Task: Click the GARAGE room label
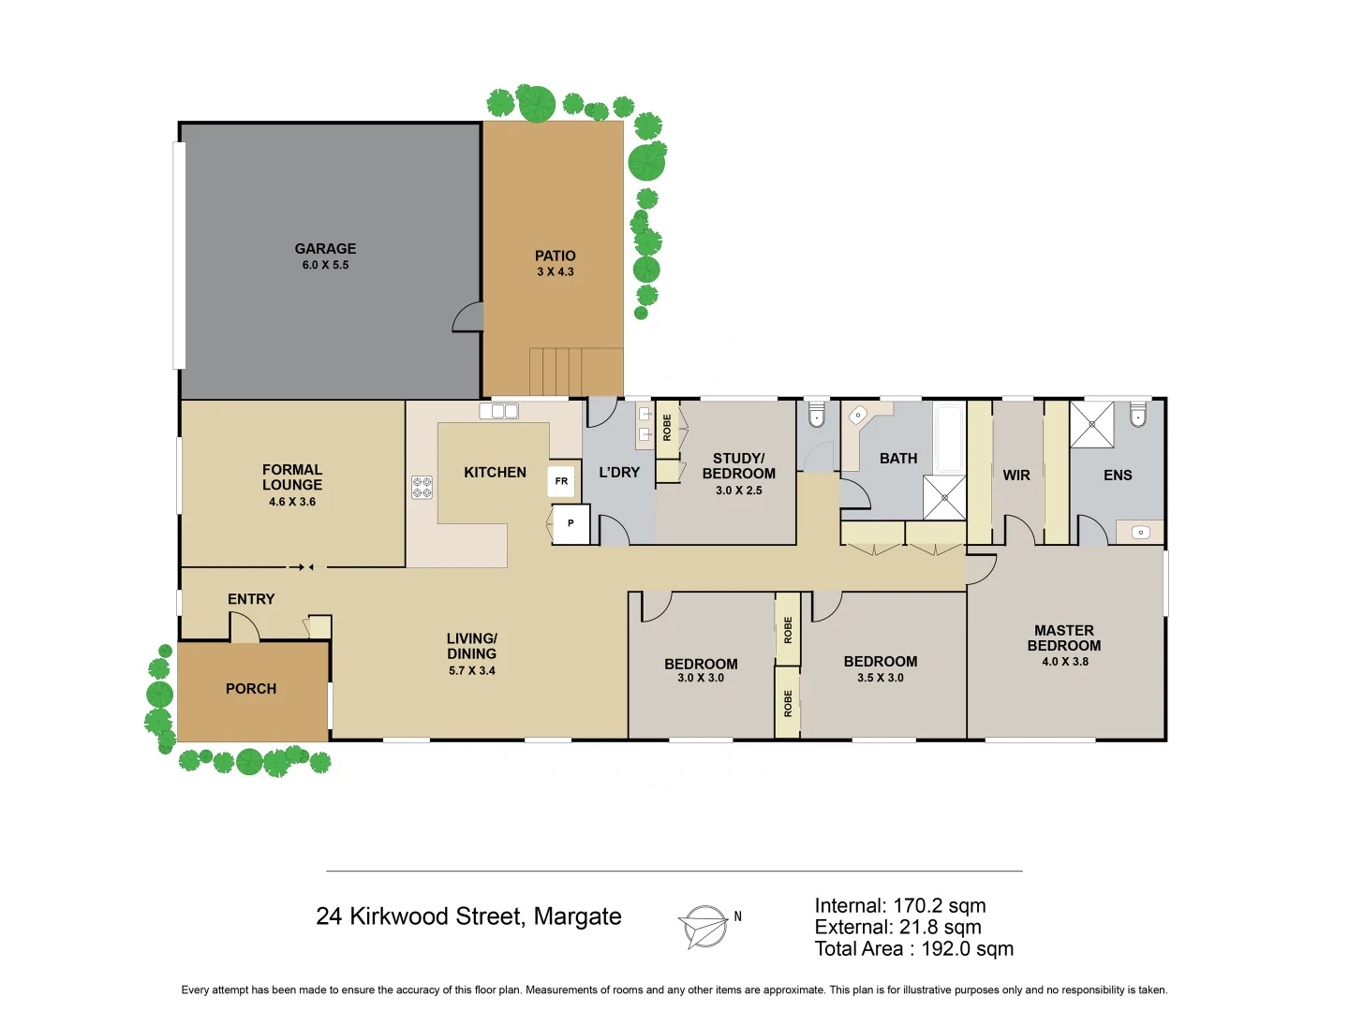coord(325,249)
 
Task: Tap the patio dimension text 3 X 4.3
coord(555,272)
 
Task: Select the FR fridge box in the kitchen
coord(561,481)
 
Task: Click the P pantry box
coord(571,524)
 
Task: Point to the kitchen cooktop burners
coord(422,488)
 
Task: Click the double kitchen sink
coord(498,411)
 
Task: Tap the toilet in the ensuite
coord(1137,415)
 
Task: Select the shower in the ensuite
coord(1091,424)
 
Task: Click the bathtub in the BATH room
coord(949,437)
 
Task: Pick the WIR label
coord(1016,476)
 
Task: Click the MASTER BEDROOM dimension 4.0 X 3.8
coord(1064,662)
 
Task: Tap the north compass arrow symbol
coord(704,927)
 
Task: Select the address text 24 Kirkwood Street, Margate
coord(468,916)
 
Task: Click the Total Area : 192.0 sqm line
coord(913,949)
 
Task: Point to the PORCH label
coord(251,689)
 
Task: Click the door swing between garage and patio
coord(467,318)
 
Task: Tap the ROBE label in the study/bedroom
coord(667,428)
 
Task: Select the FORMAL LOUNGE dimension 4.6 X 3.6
coord(292,502)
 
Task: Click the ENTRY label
coord(251,599)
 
